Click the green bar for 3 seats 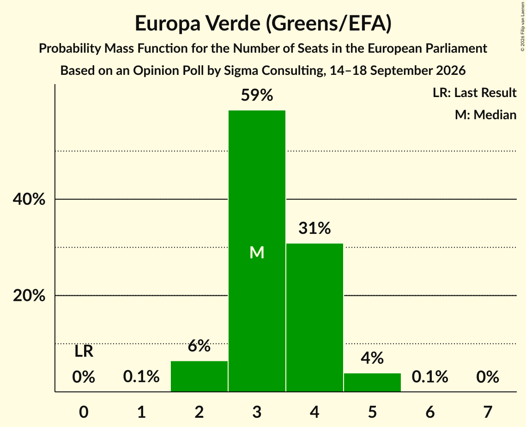tap(257, 251)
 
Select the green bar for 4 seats tap(314, 317)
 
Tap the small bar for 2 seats tap(199, 376)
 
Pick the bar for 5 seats tap(372, 382)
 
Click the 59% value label tap(257, 95)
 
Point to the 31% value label tap(314, 228)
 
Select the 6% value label tap(199, 346)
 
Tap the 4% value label tap(372, 358)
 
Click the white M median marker tap(257, 252)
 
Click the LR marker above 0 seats tap(84, 352)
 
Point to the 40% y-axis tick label tap(29, 199)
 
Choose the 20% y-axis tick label tap(29, 296)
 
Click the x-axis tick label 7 tap(488, 412)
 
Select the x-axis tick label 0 tap(84, 412)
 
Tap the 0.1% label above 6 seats tap(430, 377)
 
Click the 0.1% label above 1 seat tap(142, 377)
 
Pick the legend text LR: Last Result tap(475, 92)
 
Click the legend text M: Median tap(486, 115)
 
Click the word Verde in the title tap(233, 23)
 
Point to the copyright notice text tap(523, 26)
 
